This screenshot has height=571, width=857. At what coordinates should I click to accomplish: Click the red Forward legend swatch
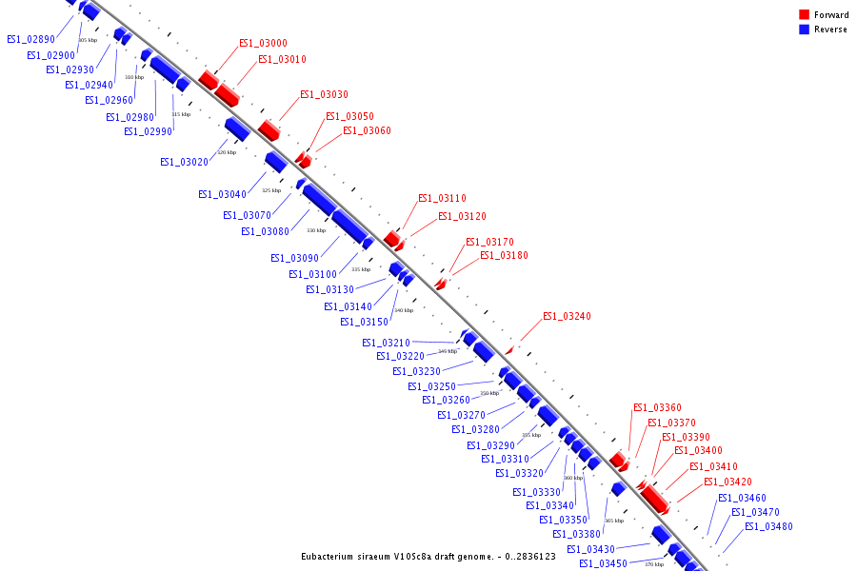pyautogui.click(x=804, y=15)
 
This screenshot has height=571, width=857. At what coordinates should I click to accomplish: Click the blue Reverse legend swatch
pyautogui.click(x=804, y=30)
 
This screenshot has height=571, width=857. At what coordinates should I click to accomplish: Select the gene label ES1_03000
pyautogui.click(x=263, y=44)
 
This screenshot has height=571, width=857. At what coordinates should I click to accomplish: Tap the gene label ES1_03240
pyautogui.click(x=567, y=317)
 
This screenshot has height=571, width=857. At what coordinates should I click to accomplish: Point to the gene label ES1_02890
pyautogui.click(x=30, y=39)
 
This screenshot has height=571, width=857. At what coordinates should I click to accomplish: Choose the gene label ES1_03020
pyautogui.click(x=184, y=163)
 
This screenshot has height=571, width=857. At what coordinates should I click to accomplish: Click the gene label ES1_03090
pyautogui.click(x=294, y=258)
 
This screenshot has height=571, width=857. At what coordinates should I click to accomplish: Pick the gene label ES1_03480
pyautogui.click(x=768, y=527)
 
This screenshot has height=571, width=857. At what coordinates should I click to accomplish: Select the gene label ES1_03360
pyautogui.click(x=657, y=408)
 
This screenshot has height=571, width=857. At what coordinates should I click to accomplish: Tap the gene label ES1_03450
pyautogui.click(x=603, y=564)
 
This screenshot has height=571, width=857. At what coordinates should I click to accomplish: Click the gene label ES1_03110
pyautogui.click(x=442, y=199)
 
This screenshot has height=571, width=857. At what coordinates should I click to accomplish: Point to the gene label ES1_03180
pyautogui.click(x=504, y=256)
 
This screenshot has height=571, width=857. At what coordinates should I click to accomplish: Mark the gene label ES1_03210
pyautogui.click(x=386, y=343)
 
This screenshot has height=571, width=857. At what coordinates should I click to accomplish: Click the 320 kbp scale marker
pyautogui.click(x=227, y=152)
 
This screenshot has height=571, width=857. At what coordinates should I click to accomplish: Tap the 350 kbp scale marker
pyautogui.click(x=489, y=393)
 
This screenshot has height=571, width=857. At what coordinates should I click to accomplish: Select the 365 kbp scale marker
pyautogui.click(x=614, y=521)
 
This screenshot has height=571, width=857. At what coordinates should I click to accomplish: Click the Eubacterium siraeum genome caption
pyautogui.click(x=428, y=557)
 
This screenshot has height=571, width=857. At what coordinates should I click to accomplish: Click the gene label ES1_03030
pyautogui.click(x=324, y=95)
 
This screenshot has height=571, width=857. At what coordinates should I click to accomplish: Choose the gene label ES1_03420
pyautogui.click(x=727, y=482)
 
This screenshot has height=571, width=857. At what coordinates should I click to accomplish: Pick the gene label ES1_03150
pyautogui.click(x=364, y=322)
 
